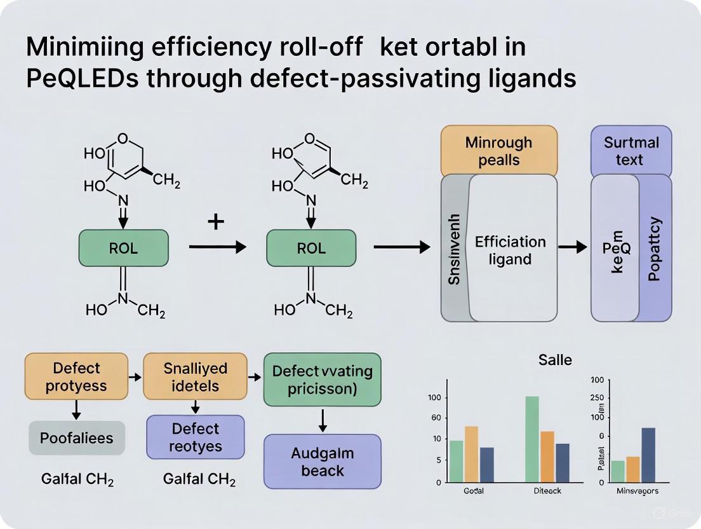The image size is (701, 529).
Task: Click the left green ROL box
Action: pos(124,248)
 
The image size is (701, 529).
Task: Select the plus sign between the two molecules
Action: pos(216,222)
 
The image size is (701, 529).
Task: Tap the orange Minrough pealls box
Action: pos(499,151)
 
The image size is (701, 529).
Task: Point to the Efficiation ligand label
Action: pos(510,251)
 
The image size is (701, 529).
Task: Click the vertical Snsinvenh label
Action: pos(454,249)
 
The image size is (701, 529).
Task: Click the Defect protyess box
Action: pos(76,377)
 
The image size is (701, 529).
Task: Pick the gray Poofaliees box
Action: pos(77,437)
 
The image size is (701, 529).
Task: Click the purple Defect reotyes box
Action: pos(196,437)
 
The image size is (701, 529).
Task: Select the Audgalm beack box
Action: pos(323,462)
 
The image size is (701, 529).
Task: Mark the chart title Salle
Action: pos(555,360)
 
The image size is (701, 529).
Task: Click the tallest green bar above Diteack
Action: pos(531,439)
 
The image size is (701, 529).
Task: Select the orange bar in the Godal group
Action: pos(471,454)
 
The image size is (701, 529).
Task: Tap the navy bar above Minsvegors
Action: pos(648,455)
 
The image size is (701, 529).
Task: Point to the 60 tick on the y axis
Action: pos(436,418)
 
